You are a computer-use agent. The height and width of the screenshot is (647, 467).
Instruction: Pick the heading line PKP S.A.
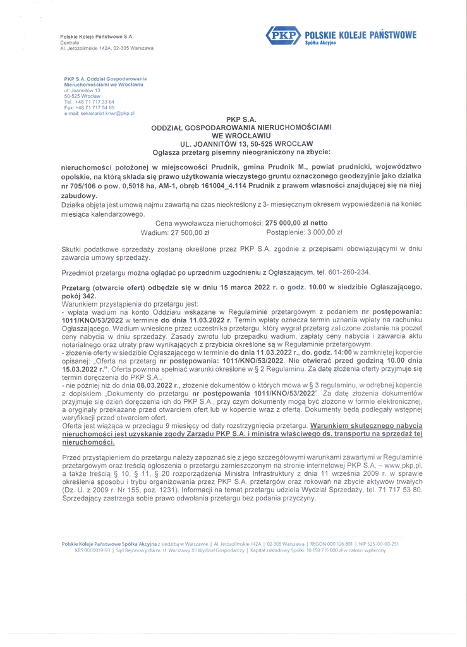241,119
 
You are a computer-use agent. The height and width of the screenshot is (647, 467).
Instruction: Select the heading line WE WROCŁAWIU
241,135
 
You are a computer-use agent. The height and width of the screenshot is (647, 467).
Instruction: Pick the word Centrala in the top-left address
70,42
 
